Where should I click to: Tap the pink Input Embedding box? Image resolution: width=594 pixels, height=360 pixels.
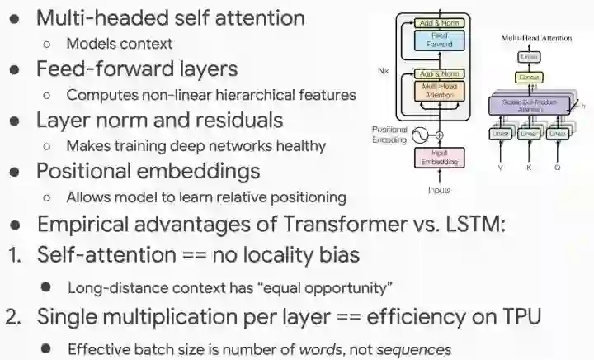pyautogui.click(x=439, y=158)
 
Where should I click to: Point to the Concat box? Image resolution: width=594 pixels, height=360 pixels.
pyautogui.click(x=528, y=77)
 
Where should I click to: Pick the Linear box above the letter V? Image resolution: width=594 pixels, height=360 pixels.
pyautogui.click(x=500, y=133)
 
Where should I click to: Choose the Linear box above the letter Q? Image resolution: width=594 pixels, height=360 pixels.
pyautogui.click(x=558, y=133)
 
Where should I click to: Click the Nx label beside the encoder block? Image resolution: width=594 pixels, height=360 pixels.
pyautogui.click(x=384, y=72)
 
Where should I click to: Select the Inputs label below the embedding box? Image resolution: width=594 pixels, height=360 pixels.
pyautogui.click(x=439, y=190)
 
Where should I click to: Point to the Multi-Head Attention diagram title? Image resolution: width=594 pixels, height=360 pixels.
pyautogui.click(x=536, y=38)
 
